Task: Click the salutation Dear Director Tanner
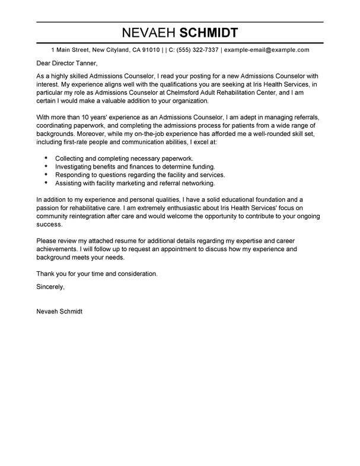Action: [x=66, y=64]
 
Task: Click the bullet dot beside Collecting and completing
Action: [x=46, y=158]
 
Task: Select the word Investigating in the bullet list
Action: [x=77, y=167]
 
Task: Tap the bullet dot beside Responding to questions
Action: [x=46, y=176]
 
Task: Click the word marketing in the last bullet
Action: [x=143, y=184]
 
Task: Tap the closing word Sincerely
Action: [x=50, y=286]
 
